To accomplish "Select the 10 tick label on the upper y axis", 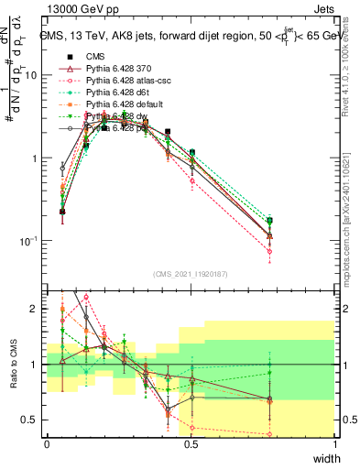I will pos(30,75).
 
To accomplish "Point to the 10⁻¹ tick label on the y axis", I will pos(27,241).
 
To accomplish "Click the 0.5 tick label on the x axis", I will pos(191,445).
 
